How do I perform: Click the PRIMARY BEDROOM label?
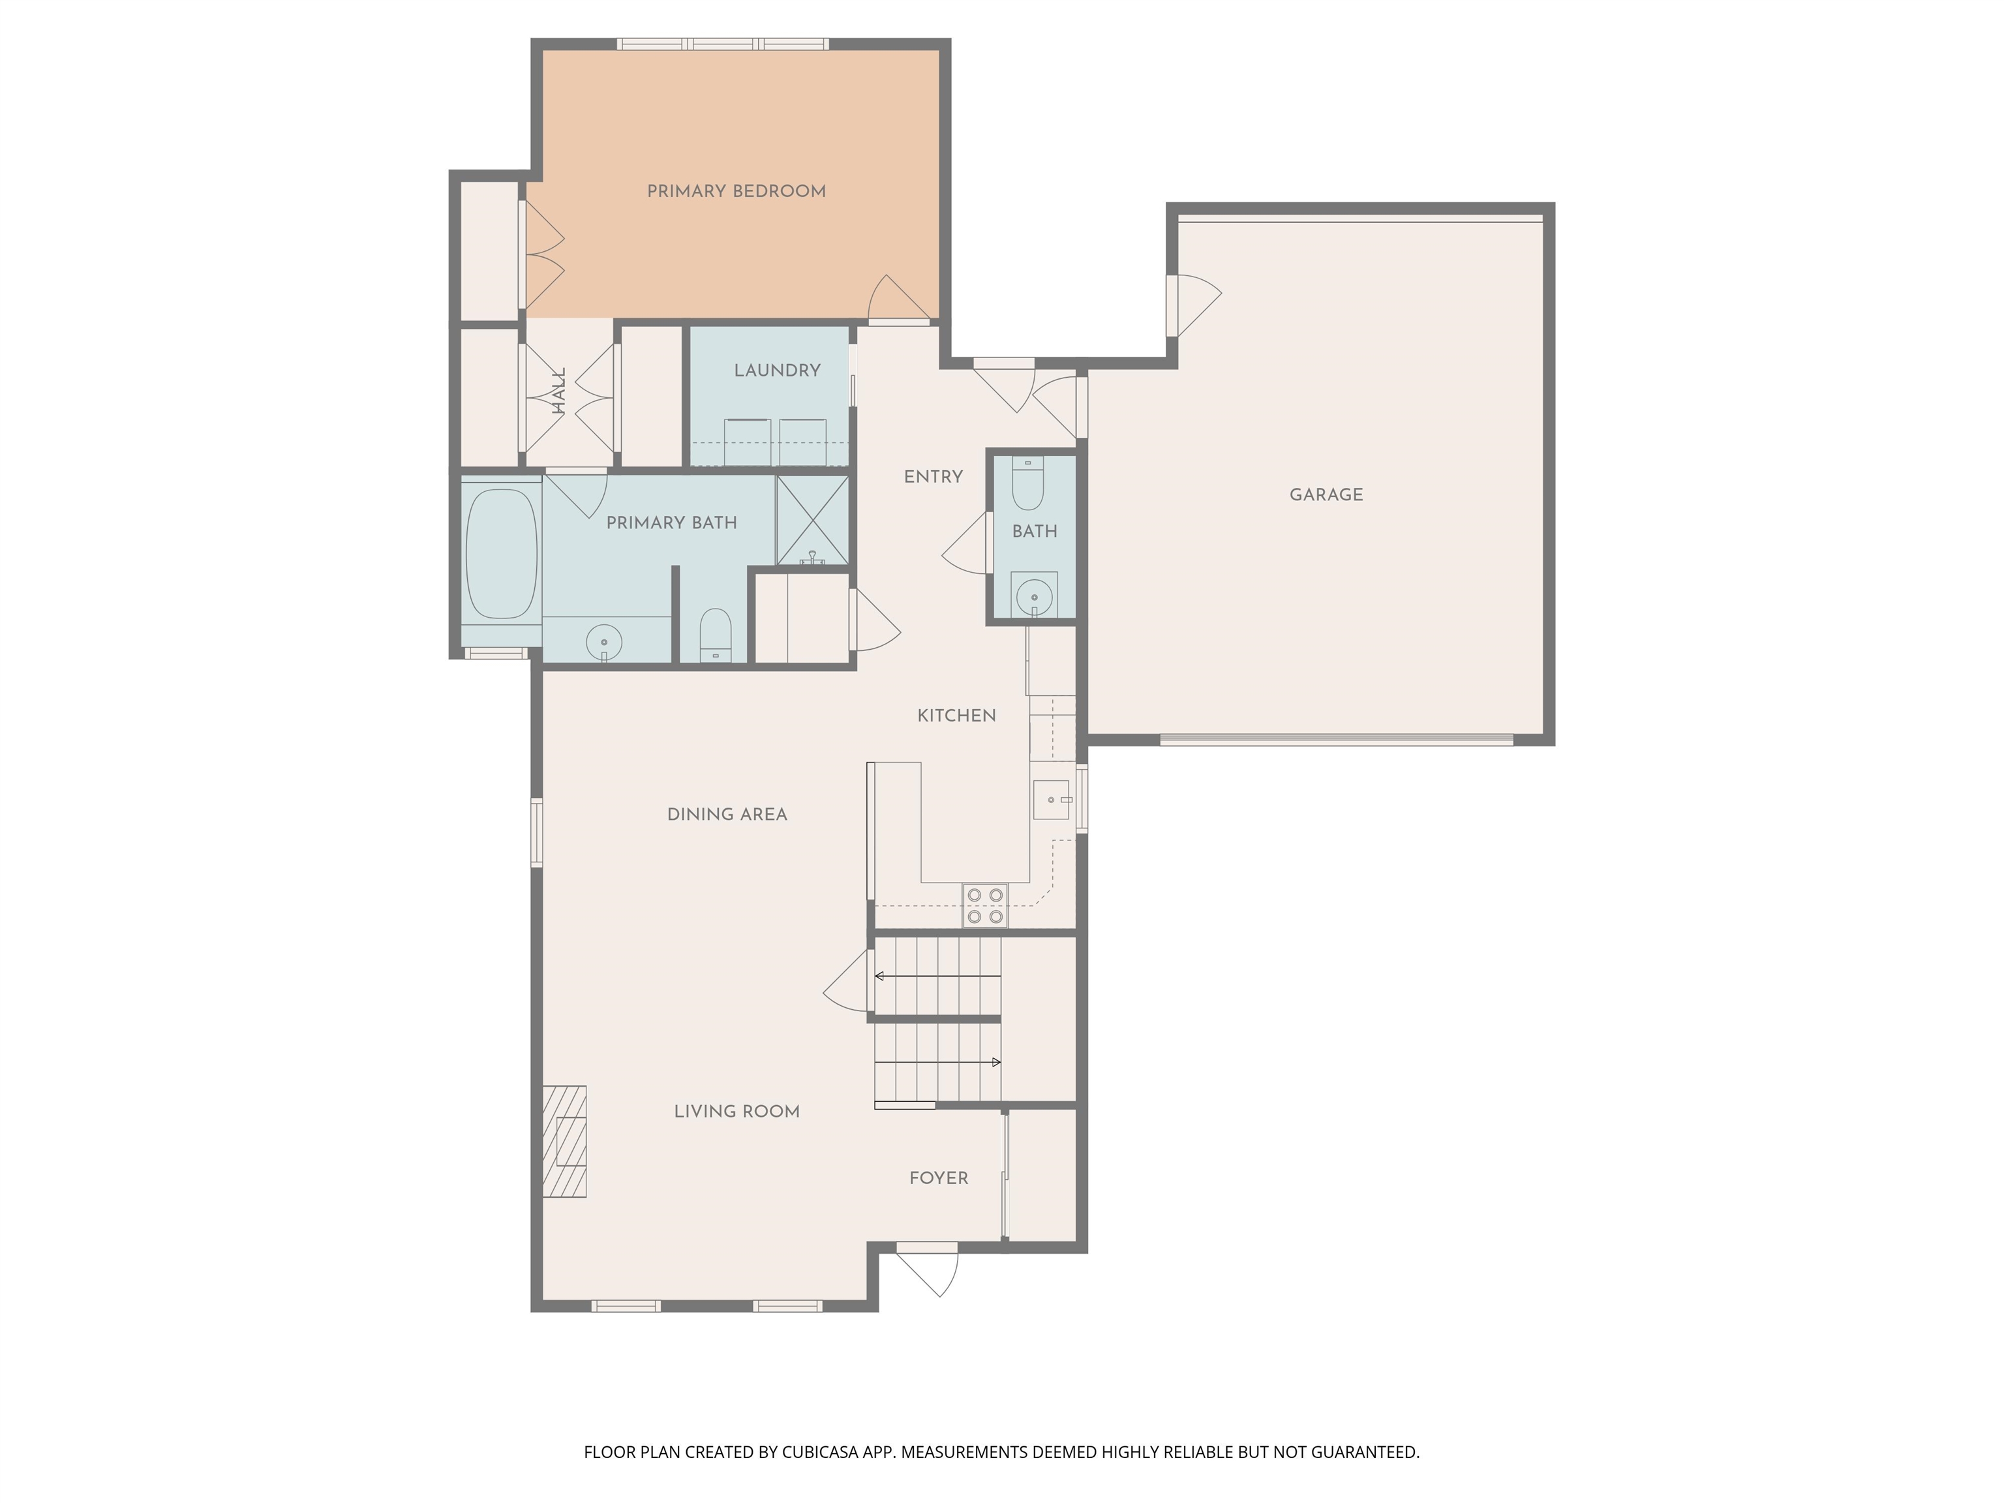736,191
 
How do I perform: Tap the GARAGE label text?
1326,494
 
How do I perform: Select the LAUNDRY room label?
776,371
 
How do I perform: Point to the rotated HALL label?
559,391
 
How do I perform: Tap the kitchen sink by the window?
1051,800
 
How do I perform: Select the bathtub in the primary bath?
501,554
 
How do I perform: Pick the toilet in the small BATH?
1027,484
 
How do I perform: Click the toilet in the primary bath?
716,634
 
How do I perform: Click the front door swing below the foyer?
933,1271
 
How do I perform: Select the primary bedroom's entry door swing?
897,299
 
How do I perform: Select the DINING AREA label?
727,815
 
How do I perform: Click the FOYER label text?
939,1177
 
